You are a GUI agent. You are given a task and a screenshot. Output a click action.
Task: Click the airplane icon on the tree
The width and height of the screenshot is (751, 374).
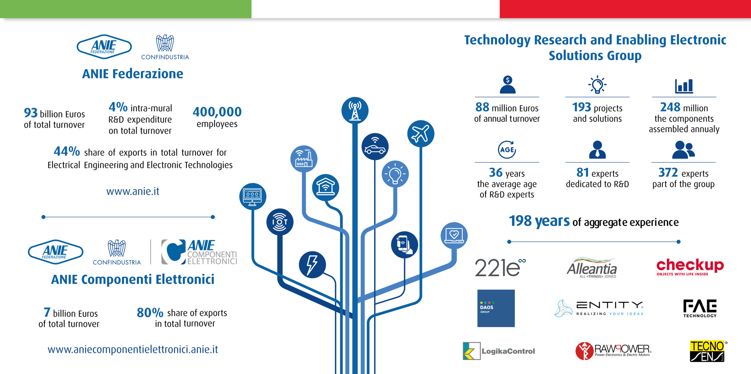click(x=420, y=134)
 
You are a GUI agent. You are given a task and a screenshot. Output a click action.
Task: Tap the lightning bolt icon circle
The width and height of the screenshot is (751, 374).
click(x=312, y=265)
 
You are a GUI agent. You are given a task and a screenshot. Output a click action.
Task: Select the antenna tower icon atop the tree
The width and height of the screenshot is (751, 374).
click(x=355, y=110)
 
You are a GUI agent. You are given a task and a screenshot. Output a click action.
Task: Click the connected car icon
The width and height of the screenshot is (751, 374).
click(x=375, y=146)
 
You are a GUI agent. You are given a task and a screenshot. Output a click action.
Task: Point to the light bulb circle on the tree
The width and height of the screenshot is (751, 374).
click(x=395, y=174)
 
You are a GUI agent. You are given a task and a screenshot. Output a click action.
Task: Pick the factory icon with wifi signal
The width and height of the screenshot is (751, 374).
click(x=304, y=159)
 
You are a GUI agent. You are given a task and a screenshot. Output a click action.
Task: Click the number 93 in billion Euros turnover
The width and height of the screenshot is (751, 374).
click(x=31, y=113)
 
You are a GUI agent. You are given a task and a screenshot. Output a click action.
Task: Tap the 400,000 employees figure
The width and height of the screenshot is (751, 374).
click(x=217, y=112)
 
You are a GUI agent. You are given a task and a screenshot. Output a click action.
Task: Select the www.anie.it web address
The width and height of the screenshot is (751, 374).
click(x=133, y=191)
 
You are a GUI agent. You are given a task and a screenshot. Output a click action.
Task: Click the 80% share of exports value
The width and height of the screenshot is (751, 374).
click(x=150, y=312)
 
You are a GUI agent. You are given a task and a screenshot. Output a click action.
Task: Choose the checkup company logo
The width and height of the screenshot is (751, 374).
click(x=690, y=267)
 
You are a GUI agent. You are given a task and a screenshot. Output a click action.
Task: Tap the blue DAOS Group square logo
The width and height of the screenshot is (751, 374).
click(x=496, y=308)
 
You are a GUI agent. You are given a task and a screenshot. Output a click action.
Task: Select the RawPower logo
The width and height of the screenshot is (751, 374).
click(x=613, y=351)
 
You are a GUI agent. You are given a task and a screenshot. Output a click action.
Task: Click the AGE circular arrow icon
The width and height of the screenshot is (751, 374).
click(x=507, y=150)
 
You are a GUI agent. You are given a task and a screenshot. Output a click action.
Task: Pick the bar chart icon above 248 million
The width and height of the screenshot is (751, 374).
click(x=684, y=86)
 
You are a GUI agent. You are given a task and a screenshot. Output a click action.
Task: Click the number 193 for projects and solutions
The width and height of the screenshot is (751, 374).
click(x=582, y=107)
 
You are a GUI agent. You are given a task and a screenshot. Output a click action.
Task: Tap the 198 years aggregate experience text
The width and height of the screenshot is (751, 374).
click(x=594, y=221)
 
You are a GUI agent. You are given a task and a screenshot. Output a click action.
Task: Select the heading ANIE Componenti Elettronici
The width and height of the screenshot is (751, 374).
click(x=133, y=279)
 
